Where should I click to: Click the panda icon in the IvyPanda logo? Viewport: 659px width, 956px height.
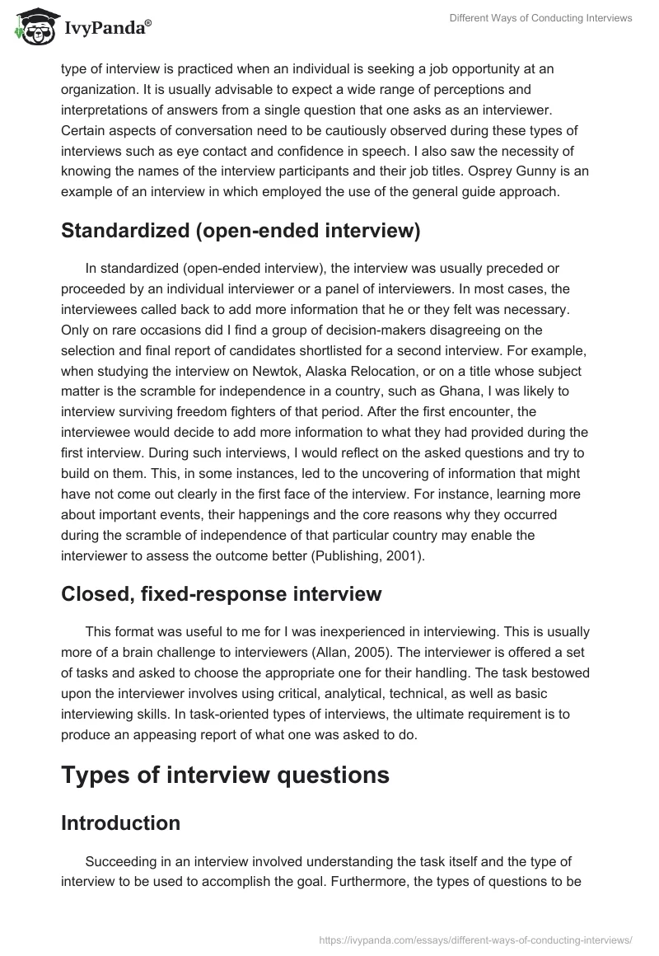point(33,27)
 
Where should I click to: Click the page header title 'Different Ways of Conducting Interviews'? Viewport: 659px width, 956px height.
point(541,19)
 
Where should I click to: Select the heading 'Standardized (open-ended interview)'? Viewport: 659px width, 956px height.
point(241,232)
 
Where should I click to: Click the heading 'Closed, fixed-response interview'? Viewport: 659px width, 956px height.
point(222,593)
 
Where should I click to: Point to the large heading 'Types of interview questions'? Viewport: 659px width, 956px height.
point(225,774)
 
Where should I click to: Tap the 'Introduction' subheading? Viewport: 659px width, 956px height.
point(120,822)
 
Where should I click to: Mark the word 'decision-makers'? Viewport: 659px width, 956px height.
point(316,330)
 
